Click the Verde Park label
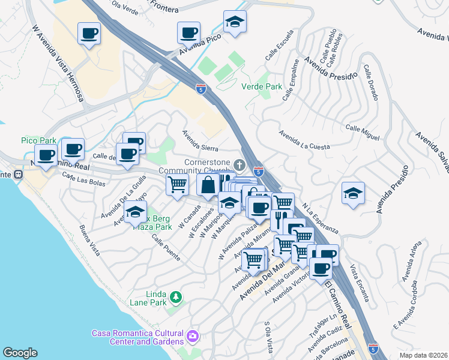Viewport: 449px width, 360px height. [261, 86]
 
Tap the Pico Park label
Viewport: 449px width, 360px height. [38, 140]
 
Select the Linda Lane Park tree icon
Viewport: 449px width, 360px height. [176, 296]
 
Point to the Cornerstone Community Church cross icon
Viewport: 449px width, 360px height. [240, 164]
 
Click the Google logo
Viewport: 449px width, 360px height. [20, 353]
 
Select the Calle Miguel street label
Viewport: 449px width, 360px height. [362, 133]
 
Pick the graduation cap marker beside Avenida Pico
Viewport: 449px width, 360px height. [235, 23]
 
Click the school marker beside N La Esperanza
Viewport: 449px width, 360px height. [353, 194]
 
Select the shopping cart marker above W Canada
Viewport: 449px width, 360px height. [177, 185]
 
